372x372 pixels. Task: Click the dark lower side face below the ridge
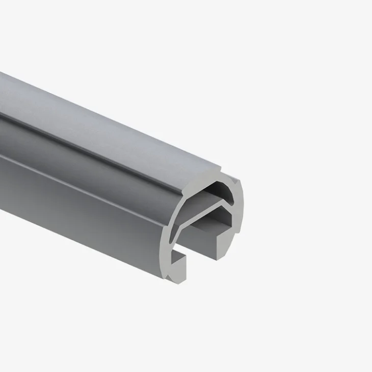76,204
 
